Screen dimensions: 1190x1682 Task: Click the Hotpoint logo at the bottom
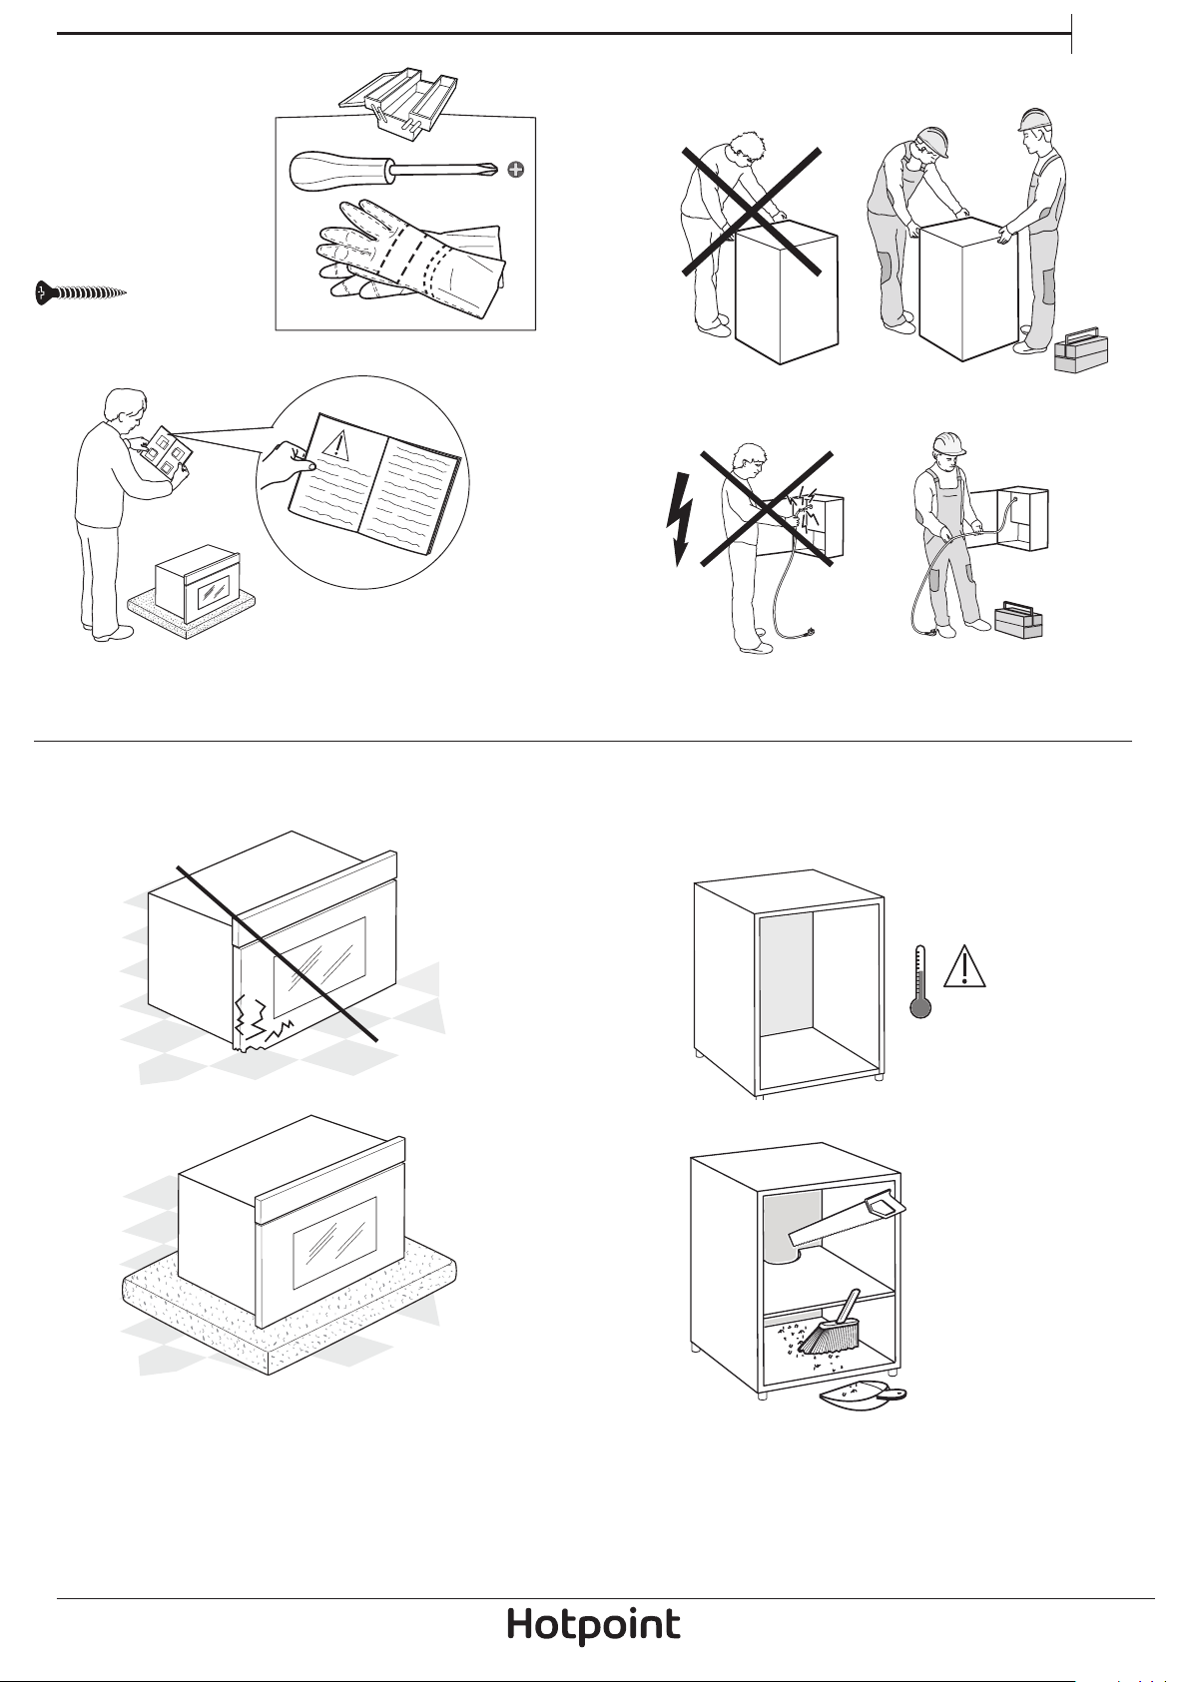click(x=594, y=1623)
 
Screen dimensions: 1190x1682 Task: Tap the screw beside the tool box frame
click(x=80, y=292)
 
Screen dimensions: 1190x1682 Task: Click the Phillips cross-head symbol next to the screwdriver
click(x=516, y=170)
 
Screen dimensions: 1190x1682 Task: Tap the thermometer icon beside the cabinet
click(x=919, y=981)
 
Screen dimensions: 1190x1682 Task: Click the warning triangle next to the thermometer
click(x=964, y=967)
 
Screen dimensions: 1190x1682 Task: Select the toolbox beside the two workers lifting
click(x=1080, y=349)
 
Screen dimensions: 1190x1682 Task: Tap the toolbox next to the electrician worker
click(x=1018, y=619)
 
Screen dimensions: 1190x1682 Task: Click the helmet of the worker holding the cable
click(x=948, y=444)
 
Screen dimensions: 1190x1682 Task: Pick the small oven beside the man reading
click(x=198, y=582)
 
